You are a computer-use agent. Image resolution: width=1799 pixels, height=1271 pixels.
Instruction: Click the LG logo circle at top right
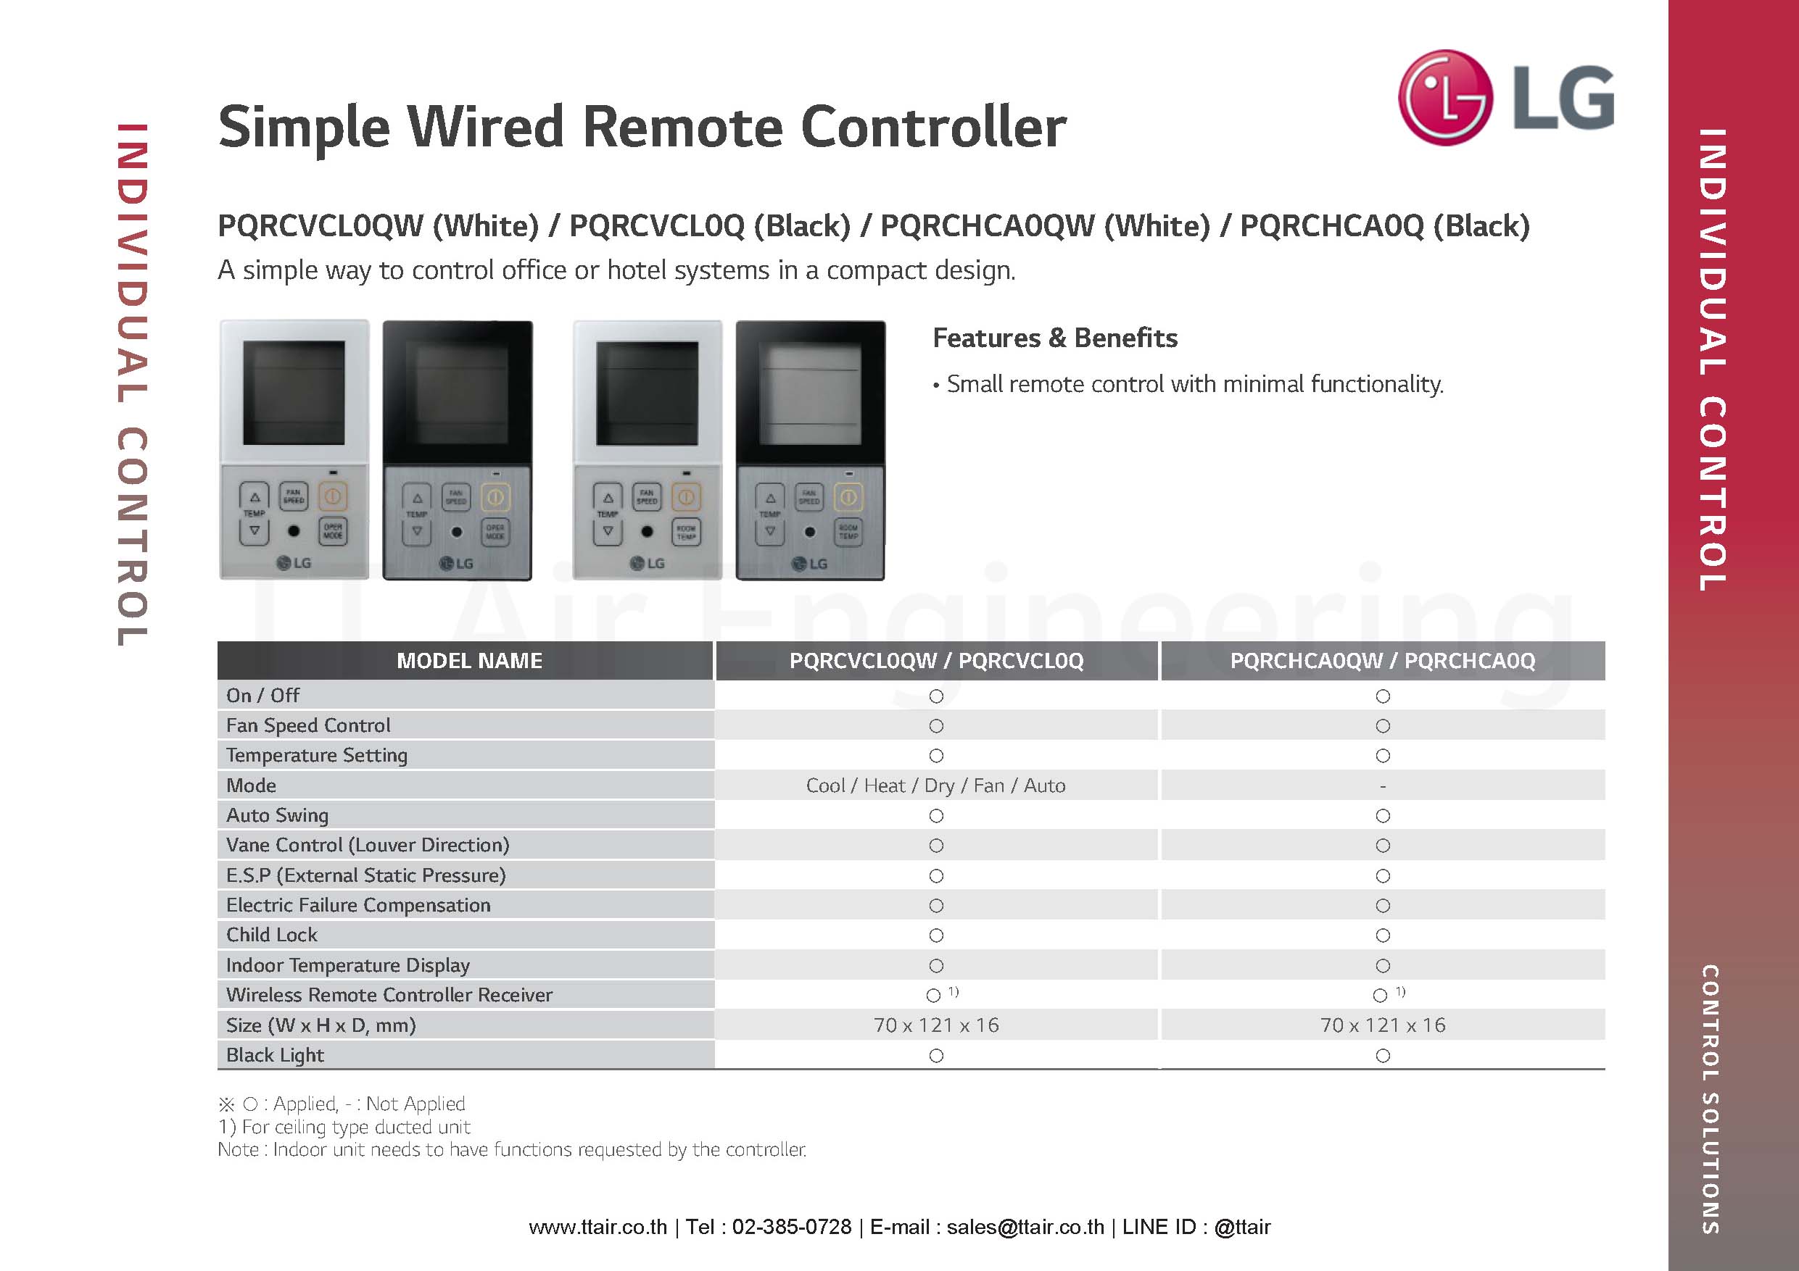tap(1445, 98)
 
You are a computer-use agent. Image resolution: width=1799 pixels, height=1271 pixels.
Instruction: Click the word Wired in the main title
tap(485, 126)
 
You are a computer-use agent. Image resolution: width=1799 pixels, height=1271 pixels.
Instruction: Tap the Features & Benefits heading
tap(1054, 338)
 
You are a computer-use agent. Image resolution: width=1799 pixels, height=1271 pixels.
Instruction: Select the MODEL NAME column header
tap(469, 660)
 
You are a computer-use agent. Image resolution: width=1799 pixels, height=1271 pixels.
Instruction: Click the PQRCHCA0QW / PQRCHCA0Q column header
tap(1382, 660)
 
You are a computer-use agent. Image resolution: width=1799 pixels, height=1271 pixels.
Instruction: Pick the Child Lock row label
tap(272, 934)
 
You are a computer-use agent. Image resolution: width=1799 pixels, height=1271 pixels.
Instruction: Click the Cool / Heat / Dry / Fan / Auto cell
tap(935, 785)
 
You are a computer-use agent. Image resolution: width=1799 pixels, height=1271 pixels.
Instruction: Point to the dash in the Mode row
tap(1383, 786)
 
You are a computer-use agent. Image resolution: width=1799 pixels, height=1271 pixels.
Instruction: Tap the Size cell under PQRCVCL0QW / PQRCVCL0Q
tap(936, 1025)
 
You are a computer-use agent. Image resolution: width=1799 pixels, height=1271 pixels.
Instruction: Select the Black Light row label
tap(275, 1055)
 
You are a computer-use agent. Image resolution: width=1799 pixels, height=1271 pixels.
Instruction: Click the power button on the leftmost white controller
tap(332, 496)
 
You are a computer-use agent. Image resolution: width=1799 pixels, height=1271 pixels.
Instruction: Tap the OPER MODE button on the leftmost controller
tap(332, 531)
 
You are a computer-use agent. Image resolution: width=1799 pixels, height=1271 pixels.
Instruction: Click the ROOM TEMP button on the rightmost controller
tap(848, 532)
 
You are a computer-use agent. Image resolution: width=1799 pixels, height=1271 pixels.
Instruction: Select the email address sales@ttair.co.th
tap(1025, 1226)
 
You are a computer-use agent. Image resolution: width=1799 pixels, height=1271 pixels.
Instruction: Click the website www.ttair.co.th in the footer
tap(597, 1226)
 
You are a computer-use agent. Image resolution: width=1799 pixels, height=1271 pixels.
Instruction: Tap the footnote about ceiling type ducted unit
tap(344, 1126)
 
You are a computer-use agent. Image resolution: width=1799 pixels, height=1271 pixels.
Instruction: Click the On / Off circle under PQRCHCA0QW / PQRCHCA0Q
tap(1383, 696)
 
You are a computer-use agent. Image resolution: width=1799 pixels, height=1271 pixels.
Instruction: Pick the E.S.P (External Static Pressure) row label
tap(366, 875)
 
